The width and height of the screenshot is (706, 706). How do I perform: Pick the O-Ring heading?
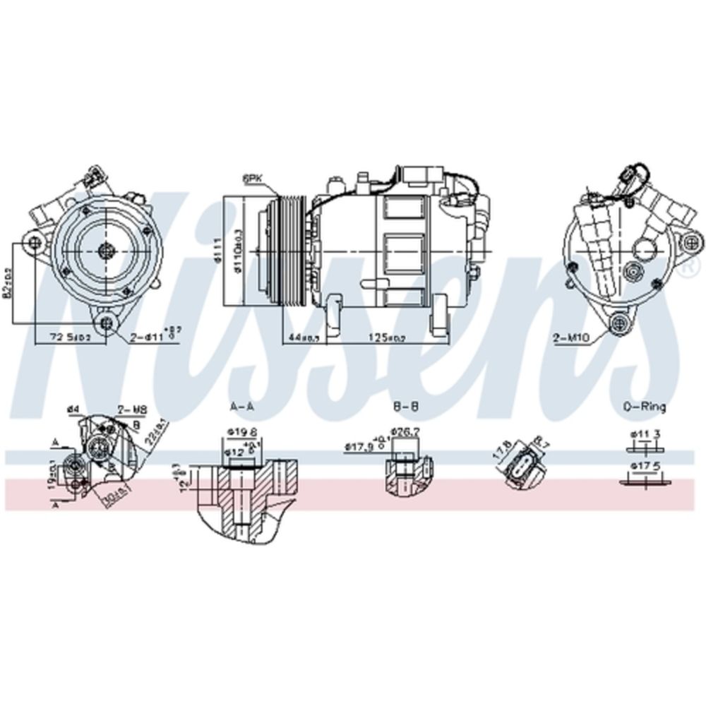pyautogui.click(x=645, y=407)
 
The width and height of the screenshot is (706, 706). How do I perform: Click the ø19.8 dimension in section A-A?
pyautogui.click(x=237, y=433)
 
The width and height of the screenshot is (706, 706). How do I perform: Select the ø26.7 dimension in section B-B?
pyautogui.click(x=405, y=431)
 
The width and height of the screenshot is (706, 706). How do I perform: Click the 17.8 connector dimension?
pyautogui.click(x=503, y=450)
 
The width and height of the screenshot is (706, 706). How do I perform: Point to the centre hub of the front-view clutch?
pyautogui.click(x=107, y=249)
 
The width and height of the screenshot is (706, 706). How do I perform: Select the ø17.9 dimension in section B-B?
pyautogui.click(x=361, y=445)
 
